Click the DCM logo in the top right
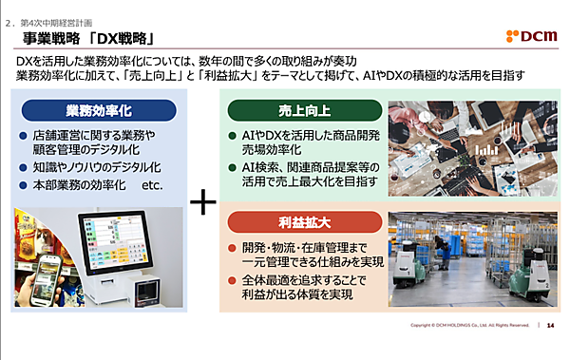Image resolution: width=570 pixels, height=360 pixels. point(530,35)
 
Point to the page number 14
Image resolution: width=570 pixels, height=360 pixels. point(551,326)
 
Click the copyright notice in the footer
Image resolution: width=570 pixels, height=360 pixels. point(469,326)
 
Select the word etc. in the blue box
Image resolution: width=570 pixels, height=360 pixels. point(153,184)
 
